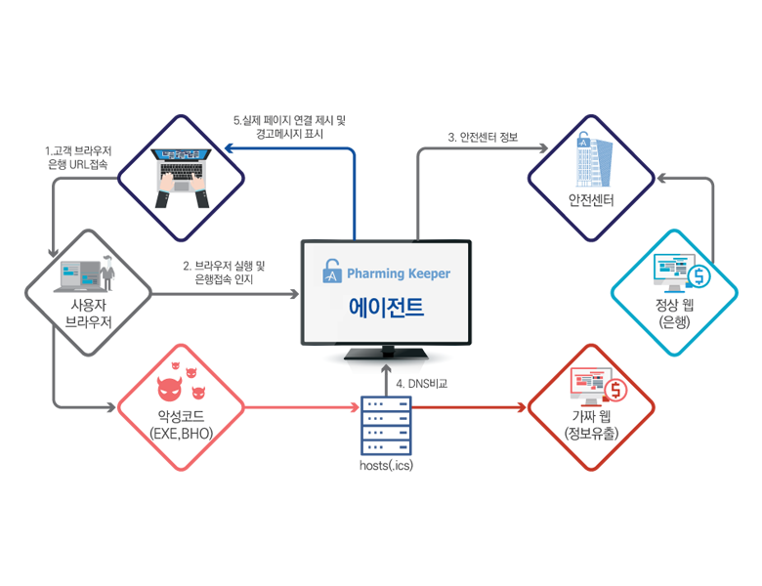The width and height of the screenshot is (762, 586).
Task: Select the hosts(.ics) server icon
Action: [x=385, y=424]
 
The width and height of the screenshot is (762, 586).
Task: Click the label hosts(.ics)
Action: [x=385, y=465]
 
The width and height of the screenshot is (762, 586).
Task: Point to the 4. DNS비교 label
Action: [x=422, y=384]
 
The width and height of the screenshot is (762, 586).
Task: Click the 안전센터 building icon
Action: [x=590, y=159]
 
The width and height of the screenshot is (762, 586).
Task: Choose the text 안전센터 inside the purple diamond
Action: [x=591, y=201]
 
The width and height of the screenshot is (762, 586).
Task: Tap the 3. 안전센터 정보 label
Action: [x=483, y=137]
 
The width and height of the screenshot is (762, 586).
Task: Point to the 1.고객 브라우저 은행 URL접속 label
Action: [x=78, y=158]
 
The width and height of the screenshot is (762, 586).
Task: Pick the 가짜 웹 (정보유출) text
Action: [x=590, y=426]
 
